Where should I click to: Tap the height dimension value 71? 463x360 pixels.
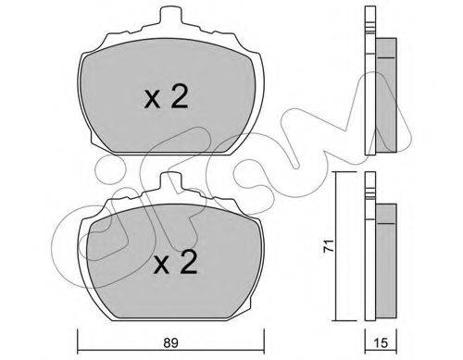coord(329,245)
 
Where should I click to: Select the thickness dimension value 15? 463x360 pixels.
coord(382,342)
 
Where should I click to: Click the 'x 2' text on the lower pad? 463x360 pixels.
coord(175,262)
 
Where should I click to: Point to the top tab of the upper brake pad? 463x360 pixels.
coord(170,15)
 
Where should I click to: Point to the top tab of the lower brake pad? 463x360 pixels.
coord(170,180)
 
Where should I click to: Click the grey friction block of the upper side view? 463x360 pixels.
coord(386,95)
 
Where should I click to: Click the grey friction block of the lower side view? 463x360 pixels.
coord(386,261)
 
